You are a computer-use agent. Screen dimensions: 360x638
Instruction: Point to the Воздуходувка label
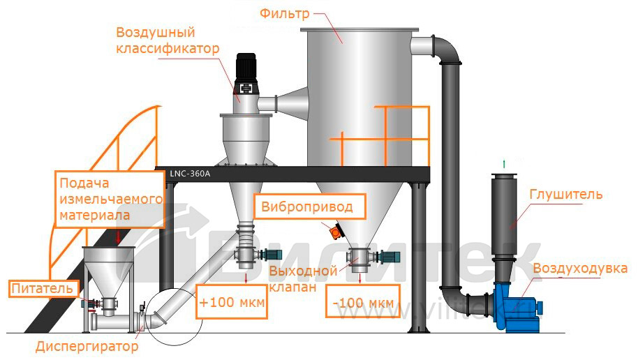point(580,269)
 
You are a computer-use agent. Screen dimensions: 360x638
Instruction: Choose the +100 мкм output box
point(231,301)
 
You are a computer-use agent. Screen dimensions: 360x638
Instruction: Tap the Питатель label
point(40,287)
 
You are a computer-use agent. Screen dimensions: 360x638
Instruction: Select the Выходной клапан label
point(304,278)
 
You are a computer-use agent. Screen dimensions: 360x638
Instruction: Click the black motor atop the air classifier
point(246,70)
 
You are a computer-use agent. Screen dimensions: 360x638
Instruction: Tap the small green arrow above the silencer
point(503,163)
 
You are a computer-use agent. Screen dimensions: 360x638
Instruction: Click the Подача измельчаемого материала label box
point(111,199)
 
